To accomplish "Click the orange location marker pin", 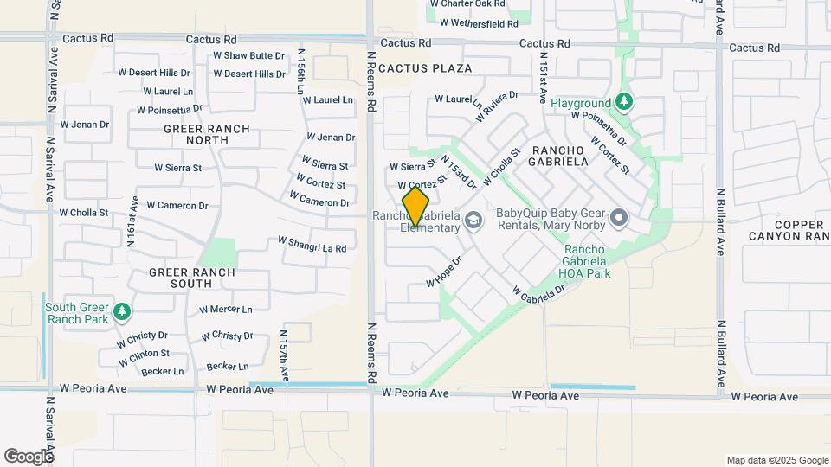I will click(x=416, y=207).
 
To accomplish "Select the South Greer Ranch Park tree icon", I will click(x=123, y=310).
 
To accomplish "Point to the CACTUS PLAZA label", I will click(x=425, y=67).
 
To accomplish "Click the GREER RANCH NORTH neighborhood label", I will click(x=207, y=135).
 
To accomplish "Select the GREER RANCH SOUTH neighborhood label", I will click(x=191, y=278).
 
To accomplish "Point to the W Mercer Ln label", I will click(x=225, y=309).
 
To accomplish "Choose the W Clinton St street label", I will click(x=144, y=355).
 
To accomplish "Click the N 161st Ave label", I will click(x=132, y=221).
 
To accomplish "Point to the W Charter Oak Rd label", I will click(x=467, y=4).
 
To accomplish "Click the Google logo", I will click(x=29, y=456).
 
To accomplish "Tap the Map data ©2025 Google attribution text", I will click(x=776, y=460).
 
